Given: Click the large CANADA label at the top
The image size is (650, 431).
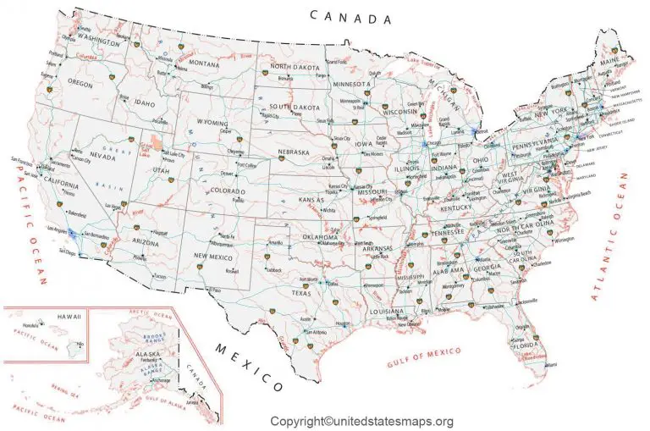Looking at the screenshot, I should tap(351, 16).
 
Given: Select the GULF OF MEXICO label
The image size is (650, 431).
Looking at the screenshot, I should tap(424, 356).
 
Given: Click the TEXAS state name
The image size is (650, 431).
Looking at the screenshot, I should tap(302, 293).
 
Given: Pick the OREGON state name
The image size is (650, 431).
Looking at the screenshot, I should tap(80, 84).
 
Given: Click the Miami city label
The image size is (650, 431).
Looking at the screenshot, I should tap(552, 364).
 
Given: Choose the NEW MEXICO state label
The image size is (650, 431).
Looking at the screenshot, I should tap(212, 256).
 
